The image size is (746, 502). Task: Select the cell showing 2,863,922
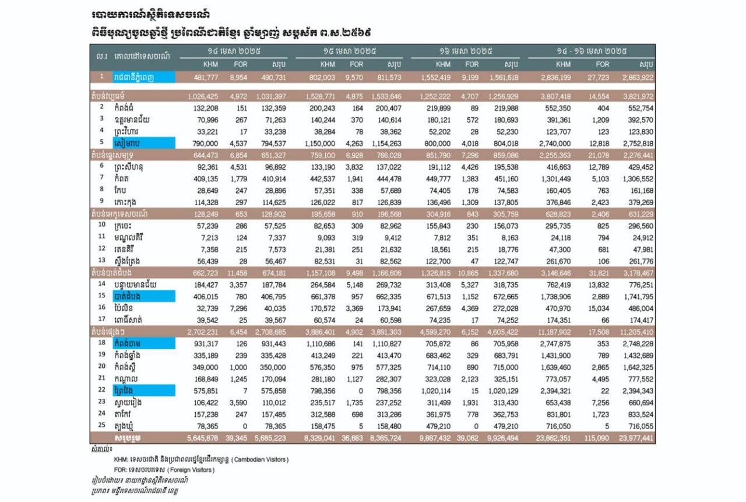[x=637, y=77]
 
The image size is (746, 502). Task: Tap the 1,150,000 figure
[x=320, y=143]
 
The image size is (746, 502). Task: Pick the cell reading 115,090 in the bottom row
[x=596, y=437]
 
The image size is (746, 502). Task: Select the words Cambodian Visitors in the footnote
[x=261, y=459]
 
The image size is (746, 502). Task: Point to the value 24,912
[x=641, y=237]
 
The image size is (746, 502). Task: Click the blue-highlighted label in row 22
[x=144, y=391]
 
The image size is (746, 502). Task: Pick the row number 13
[x=101, y=260]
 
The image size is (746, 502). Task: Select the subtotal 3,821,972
[x=637, y=95]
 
